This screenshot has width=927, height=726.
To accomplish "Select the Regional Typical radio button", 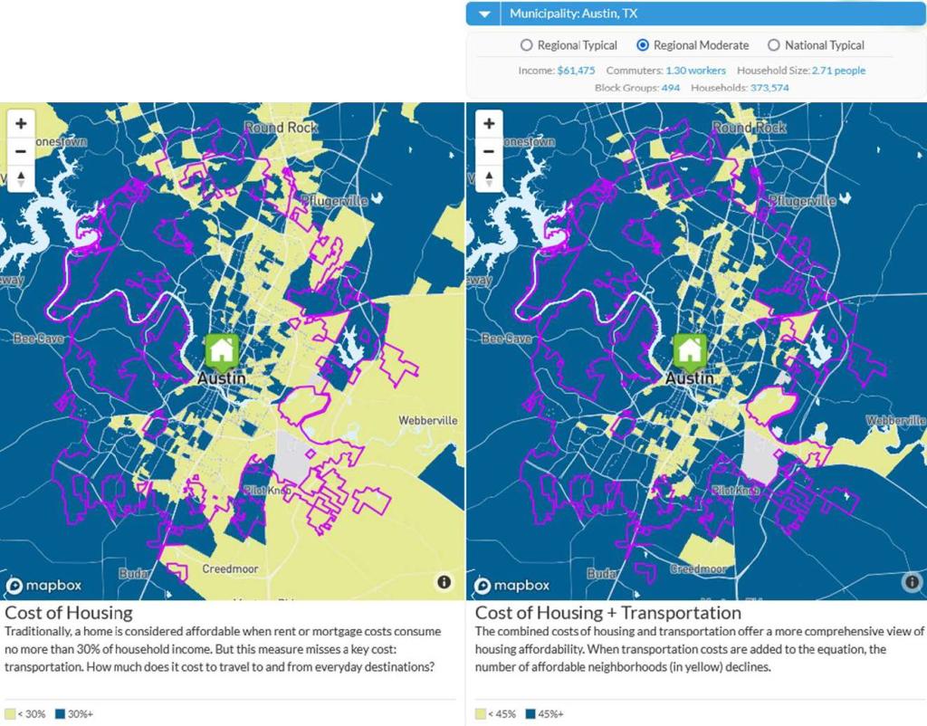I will coord(526,45).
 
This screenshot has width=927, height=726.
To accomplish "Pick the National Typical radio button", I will coord(773,45).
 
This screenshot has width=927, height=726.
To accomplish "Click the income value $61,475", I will coord(576,71).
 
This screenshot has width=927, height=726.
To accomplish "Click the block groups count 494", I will coord(670,88).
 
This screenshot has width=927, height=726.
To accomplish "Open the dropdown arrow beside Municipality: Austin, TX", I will coord(484,14).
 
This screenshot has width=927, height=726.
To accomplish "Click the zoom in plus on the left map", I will coord(21,123).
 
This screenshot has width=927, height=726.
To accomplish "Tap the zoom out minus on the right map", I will coord(489,150).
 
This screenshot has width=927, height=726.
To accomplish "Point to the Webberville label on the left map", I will coord(428,421).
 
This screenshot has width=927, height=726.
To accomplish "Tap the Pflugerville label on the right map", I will coord(801,201).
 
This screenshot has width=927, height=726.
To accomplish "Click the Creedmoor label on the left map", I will coord(229,568).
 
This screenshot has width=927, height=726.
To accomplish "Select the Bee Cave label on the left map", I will coord(32,339).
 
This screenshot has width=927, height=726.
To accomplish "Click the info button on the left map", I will coord(444,582).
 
